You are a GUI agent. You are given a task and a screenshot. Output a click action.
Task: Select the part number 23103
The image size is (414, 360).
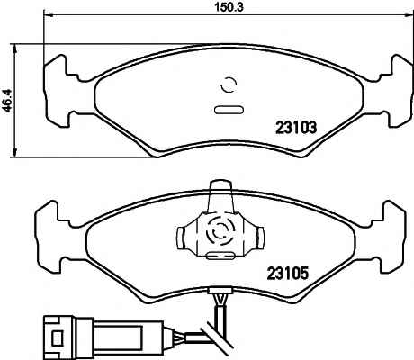296,128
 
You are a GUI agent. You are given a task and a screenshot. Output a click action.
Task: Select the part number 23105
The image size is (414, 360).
288,274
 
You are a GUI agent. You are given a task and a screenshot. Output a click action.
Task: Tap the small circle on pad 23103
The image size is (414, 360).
229,85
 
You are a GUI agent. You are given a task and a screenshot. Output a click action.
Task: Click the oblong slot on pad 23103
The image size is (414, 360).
229,110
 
